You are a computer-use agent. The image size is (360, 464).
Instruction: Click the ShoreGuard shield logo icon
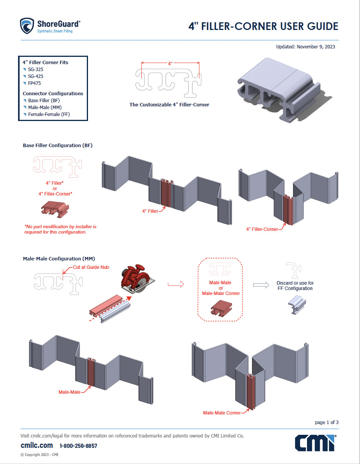tap(27, 26)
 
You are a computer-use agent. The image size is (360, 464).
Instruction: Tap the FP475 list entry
tap(35, 83)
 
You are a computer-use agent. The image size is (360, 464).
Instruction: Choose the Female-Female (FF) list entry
tap(49, 114)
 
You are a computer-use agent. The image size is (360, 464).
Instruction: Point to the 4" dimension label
tap(170, 63)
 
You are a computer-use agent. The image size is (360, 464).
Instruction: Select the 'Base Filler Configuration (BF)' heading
tap(58, 146)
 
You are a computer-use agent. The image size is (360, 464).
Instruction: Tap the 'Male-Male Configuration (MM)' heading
tap(59, 259)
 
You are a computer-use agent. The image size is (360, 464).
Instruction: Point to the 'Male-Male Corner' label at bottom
tap(222, 413)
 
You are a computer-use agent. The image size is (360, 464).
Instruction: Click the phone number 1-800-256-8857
tap(78, 446)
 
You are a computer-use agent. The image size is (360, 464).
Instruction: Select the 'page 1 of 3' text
tap(327, 423)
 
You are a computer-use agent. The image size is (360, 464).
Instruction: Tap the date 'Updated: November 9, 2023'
tap(305, 47)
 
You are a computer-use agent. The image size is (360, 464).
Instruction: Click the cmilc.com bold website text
tap(36, 446)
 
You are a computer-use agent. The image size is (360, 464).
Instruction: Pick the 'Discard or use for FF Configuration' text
tap(295, 286)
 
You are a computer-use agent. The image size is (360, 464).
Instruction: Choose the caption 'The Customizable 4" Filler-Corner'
tap(169, 104)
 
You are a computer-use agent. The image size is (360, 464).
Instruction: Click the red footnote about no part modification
tap(60, 229)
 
